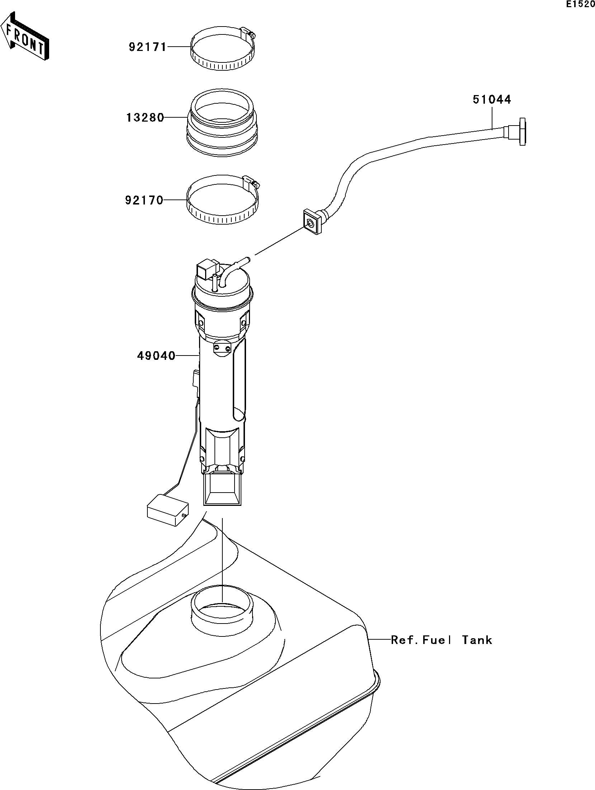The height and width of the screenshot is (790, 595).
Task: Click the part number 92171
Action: pos(148,47)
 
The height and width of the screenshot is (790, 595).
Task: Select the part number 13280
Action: pos(145,118)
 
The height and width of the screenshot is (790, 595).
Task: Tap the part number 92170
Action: pos(144,200)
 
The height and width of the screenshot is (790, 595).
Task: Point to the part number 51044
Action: pos(491,99)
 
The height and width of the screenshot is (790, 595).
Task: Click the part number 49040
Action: pos(156,356)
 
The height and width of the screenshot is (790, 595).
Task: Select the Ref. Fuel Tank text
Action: pos(441,640)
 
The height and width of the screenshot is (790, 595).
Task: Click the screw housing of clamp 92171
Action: pos(248,33)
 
